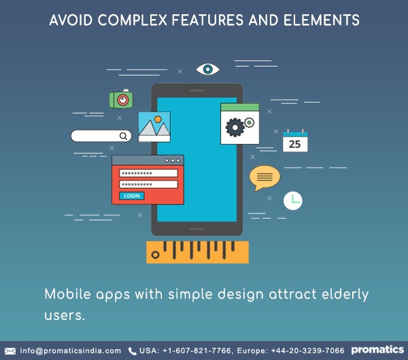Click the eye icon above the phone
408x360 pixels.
(207, 69)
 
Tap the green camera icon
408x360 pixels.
(121, 98)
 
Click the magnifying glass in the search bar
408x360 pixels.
(123, 136)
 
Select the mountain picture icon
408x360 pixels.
(154, 127)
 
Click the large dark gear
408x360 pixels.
(235, 128)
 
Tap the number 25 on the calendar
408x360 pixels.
(295, 144)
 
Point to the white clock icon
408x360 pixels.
(292, 200)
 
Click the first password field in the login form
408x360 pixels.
(148, 173)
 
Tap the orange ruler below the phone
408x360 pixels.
(197, 252)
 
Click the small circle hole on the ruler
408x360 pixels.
(155, 255)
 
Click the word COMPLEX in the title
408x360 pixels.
(133, 20)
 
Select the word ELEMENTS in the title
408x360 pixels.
(322, 20)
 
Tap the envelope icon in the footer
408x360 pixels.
(10, 351)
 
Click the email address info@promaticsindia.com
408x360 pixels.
(71, 350)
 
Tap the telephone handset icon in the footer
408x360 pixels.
(133, 351)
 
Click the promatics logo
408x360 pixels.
(377, 350)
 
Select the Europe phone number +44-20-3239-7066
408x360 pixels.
(307, 350)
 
